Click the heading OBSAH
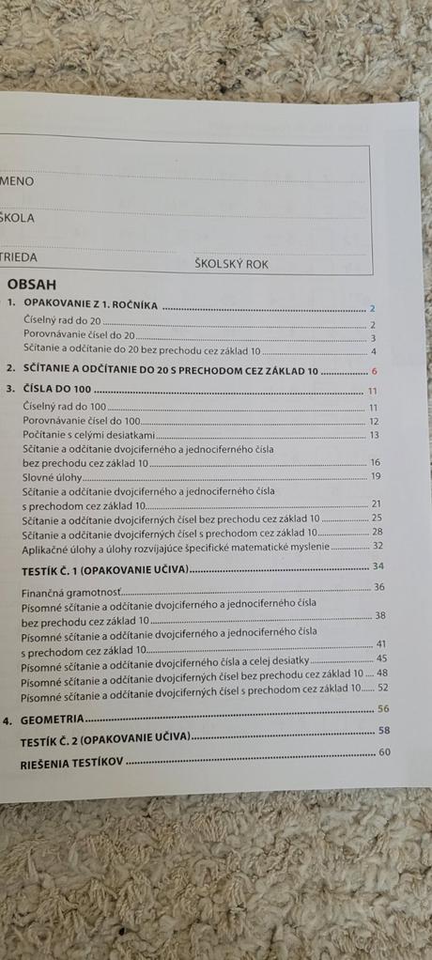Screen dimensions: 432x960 click(31, 285)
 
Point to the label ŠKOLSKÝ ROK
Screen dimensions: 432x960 click(231, 264)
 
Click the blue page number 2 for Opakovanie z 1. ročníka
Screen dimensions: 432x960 click(372, 308)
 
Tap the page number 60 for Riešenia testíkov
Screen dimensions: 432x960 click(382, 752)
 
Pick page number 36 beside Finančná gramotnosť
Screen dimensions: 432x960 click(379, 587)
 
